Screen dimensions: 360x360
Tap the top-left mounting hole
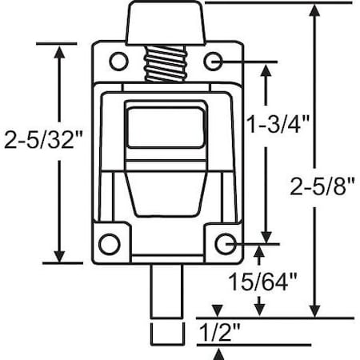[118, 61]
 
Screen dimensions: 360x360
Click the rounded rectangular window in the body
[165, 126]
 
